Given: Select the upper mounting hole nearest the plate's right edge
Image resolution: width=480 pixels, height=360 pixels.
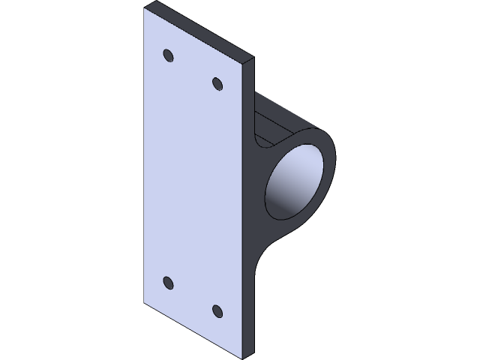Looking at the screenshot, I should click(217, 84).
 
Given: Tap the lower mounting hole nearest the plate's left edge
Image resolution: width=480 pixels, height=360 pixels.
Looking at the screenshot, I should click(167, 283).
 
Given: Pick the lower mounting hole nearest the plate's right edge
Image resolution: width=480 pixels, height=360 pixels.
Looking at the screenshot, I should click(217, 310).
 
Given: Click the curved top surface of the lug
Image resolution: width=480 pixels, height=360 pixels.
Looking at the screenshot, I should click(292, 120).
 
